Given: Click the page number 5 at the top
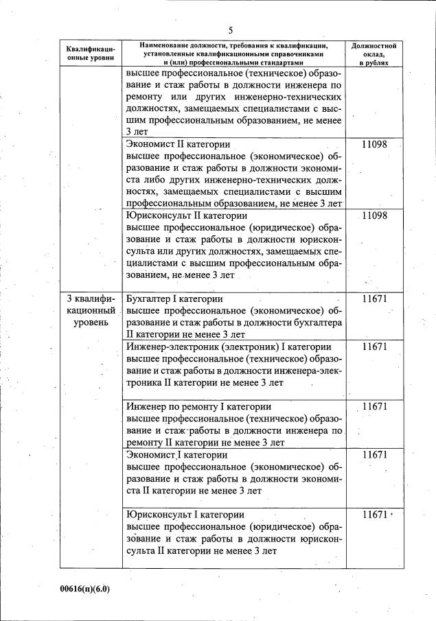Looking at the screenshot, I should tap(231, 30).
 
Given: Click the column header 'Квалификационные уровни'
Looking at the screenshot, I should tap(91, 54).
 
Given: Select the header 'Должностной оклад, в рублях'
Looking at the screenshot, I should tap(373, 54).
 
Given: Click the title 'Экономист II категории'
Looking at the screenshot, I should tap(178, 145).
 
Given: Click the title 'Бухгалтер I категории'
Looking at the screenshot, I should tap(175, 299).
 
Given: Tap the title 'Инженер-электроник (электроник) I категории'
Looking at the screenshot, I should tap(229, 347).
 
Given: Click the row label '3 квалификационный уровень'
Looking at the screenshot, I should tap(91, 311).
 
